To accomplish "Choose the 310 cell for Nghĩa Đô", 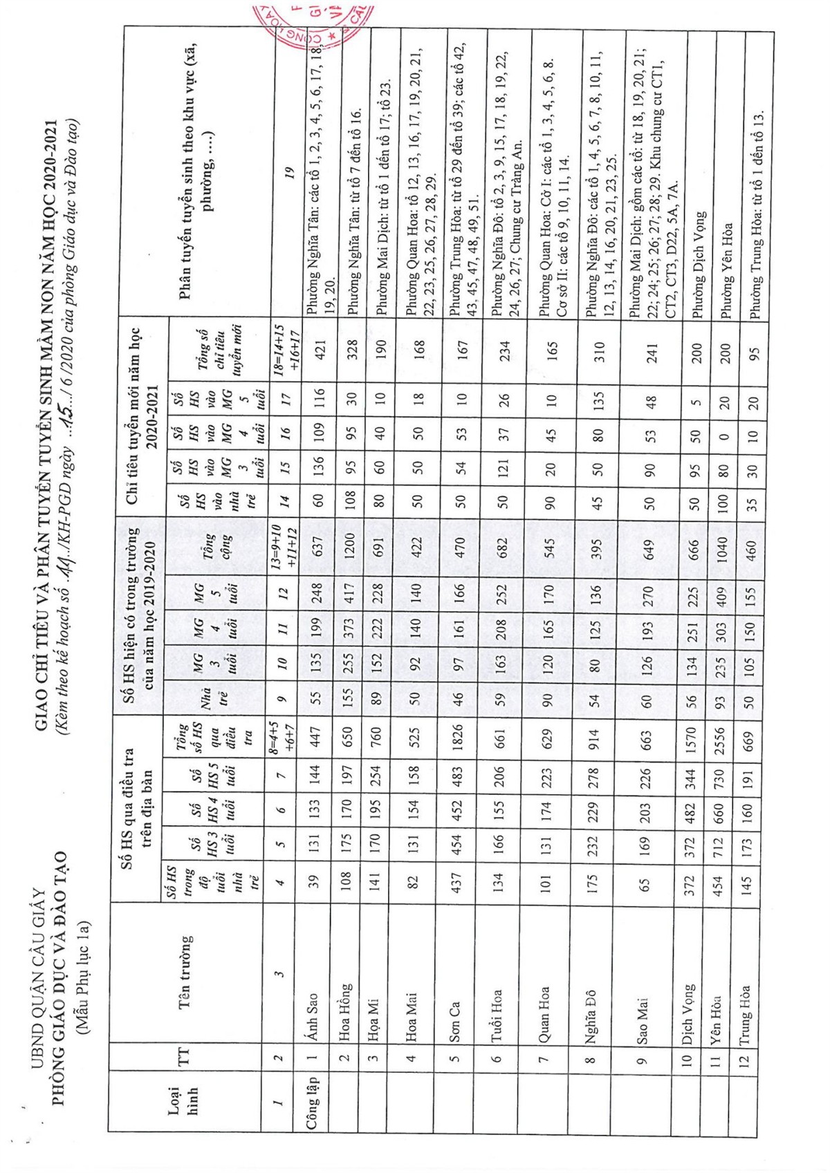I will (x=599, y=352).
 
